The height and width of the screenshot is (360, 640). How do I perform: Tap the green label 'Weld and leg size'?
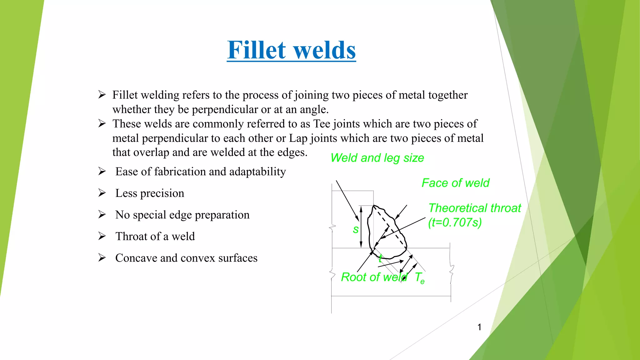point(377,158)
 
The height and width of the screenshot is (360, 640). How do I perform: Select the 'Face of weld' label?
point(455,183)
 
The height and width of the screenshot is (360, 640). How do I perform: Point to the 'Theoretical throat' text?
point(474,208)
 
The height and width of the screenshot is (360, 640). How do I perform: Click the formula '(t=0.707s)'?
point(455,222)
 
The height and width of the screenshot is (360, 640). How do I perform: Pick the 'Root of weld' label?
point(373,277)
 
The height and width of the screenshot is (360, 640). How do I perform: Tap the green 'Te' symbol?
point(419,277)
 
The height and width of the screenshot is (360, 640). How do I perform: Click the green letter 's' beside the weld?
point(355,230)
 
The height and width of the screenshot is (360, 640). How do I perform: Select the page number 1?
point(479,327)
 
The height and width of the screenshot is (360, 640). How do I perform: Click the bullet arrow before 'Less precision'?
point(102,193)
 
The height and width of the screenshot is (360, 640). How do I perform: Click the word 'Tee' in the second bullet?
point(322,124)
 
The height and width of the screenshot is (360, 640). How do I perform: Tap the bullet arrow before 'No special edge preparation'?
point(102,214)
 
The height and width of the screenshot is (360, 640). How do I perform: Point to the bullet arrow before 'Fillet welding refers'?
point(102,94)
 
